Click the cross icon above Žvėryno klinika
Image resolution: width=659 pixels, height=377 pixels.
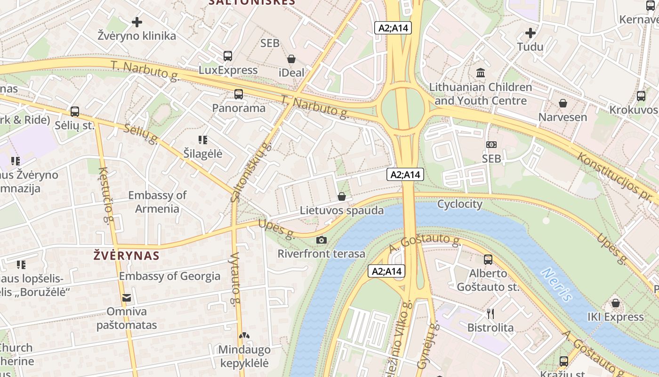pyautogui.click(x=137, y=22)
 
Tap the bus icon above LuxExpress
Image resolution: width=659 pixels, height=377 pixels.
pyautogui.click(x=228, y=56)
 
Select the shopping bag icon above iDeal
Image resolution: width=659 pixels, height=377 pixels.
pyautogui.click(x=291, y=59)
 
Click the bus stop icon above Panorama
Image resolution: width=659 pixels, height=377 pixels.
pyautogui.click(x=239, y=94)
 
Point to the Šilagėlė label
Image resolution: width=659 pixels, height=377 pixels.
pyautogui.click(x=202, y=154)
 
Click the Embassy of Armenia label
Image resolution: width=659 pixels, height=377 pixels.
pyautogui.click(x=157, y=202)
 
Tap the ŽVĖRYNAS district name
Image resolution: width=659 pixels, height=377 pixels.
pyautogui.click(x=126, y=256)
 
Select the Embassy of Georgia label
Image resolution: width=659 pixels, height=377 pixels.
pyautogui.click(x=169, y=276)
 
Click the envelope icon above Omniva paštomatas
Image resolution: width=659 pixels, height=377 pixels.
pyautogui.click(x=126, y=298)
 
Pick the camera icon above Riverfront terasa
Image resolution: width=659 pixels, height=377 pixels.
pyautogui.click(x=321, y=240)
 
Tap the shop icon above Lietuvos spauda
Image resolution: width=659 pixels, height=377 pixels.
pyautogui.click(x=342, y=197)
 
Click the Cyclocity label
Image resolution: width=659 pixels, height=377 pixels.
pyautogui.click(x=459, y=204)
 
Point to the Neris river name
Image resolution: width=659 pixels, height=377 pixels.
pyautogui.click(x=556, y=284)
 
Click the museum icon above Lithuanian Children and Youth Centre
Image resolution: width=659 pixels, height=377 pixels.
pyautogui.click(x=481, y=73)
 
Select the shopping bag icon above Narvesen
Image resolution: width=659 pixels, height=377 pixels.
pyautogui.click(x=563, y=103)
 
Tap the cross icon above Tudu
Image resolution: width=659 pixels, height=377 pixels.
pyautogui.click(x=530, y=33)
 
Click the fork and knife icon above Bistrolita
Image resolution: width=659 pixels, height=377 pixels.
pyautogui.click(x=490, y=313)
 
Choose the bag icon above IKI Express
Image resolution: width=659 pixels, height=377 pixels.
pyautogui.click(x=615, y=303)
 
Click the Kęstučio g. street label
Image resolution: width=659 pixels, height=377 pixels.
pyautogui.click(x=107, y=196)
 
